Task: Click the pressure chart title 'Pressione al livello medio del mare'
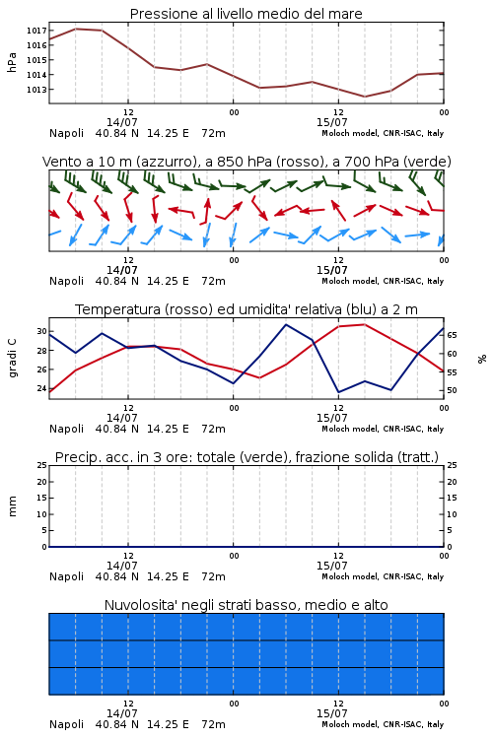[246, 14]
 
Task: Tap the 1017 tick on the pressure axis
[36, 31]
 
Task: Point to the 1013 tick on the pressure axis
[36, 90]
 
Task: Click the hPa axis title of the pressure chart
[12, 62]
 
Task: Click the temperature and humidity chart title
[246, 309]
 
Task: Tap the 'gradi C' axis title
[13, 359]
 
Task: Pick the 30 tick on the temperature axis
[41, 331]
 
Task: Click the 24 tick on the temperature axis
[41, 389]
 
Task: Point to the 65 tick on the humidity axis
[452, 335]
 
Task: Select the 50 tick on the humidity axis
[452, 390]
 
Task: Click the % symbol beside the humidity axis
[482, 359]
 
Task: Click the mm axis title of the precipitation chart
[13, 506]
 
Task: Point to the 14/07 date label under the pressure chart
[122, 122]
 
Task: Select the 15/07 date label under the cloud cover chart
[331, 713]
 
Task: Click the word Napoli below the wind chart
[66, 282]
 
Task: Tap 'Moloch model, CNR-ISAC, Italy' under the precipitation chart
[383, 576]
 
